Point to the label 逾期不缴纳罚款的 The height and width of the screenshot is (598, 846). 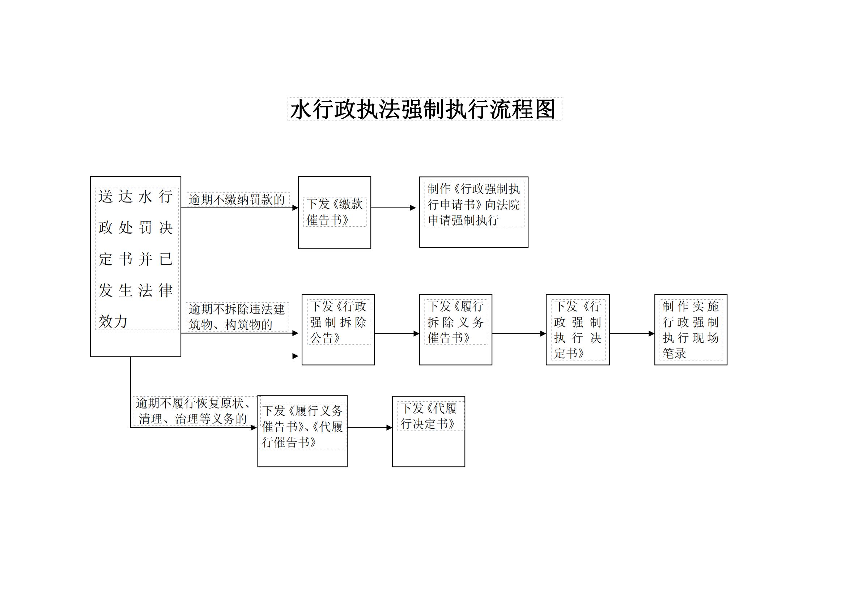click(x=237, y=200)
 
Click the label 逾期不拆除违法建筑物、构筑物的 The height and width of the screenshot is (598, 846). click(x=237, y=317)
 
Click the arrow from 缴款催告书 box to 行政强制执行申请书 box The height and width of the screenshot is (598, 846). click(x=394, y=208)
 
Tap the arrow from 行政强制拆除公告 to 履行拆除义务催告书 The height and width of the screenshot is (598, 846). click(x=397, y=334)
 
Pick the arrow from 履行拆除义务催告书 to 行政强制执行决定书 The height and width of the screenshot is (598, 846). click(x=519, y=334)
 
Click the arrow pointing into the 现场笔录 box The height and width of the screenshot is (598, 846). click(x=632, y=334)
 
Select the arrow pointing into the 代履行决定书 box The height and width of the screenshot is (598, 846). click(x=370, y=427)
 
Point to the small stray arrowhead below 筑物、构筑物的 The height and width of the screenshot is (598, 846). click(x=295, y=356)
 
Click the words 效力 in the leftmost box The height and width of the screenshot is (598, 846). click(x=113, y=321)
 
